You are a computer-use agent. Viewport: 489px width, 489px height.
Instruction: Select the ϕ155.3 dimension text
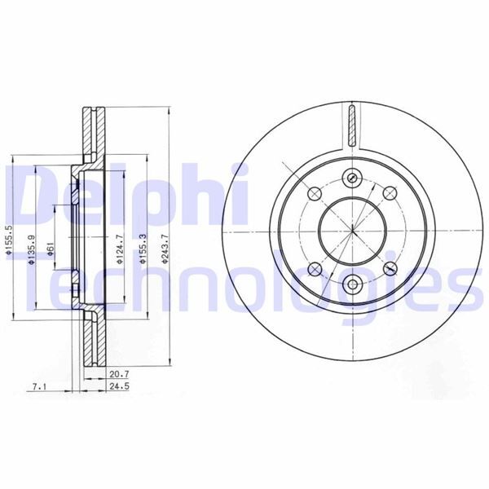click(144, 238)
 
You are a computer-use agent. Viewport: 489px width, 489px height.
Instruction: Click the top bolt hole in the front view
click(352, 176)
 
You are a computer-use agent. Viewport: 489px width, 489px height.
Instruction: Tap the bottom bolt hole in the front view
click(352, 284)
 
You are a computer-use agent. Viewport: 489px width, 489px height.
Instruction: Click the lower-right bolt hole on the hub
click(389, 267)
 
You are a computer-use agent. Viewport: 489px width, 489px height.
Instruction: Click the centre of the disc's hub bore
click(352, 230)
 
